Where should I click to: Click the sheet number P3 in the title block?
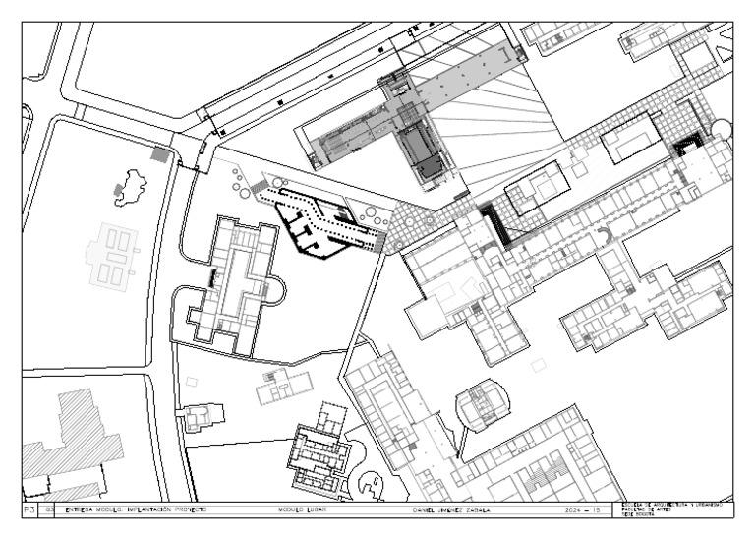click(x=29, y=511)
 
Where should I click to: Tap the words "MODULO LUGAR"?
click(x=303, y=511)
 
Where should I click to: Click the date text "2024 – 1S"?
click(x=582, y=511)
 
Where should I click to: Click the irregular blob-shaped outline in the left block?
click(x=129, y=187)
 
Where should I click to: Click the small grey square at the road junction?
click(x=159, y=153)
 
